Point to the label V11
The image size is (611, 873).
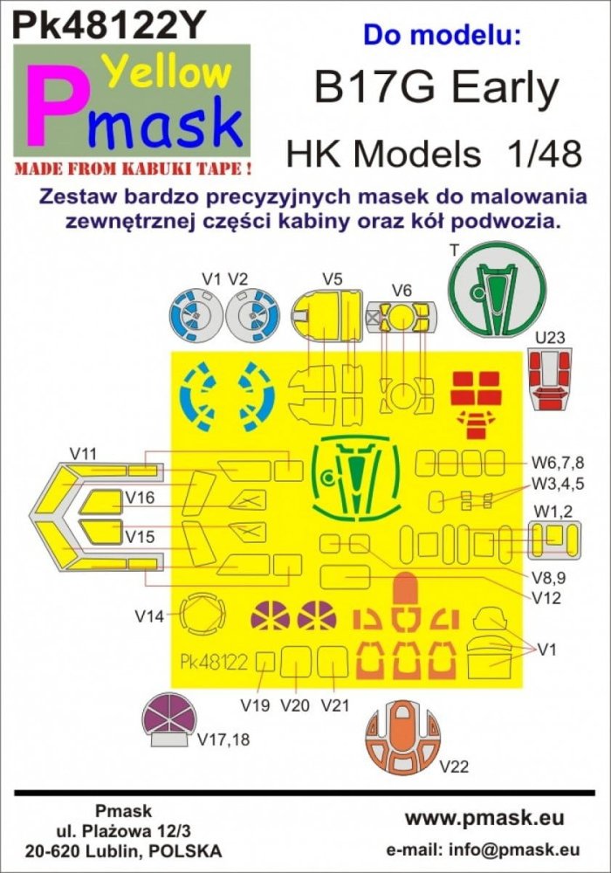coord(87,452)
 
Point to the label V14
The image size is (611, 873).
coord(150,615)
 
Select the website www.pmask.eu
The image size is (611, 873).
coord(484,818)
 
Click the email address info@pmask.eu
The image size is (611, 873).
coord(524,849)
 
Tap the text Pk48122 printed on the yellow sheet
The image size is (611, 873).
coord(216,662)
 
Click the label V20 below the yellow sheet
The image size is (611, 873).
coord(296,704)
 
